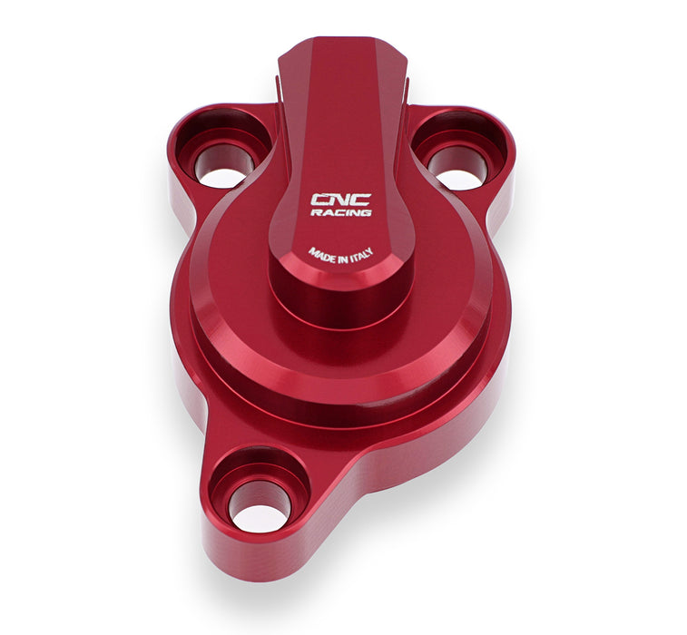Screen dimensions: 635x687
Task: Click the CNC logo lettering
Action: (x=340, y=199)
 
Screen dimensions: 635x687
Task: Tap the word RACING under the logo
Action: (x=340, y=212)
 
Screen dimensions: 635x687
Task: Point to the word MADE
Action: (x=320, y=254)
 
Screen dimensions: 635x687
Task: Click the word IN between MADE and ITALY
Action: (x=341, y=259)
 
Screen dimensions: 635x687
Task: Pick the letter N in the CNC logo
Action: (x=340, y=199)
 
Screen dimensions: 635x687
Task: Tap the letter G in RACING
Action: (x=366, y=212)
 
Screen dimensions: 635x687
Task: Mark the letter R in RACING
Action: (x=315, y=212)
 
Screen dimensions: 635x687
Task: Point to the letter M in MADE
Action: (x=312, y=250)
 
